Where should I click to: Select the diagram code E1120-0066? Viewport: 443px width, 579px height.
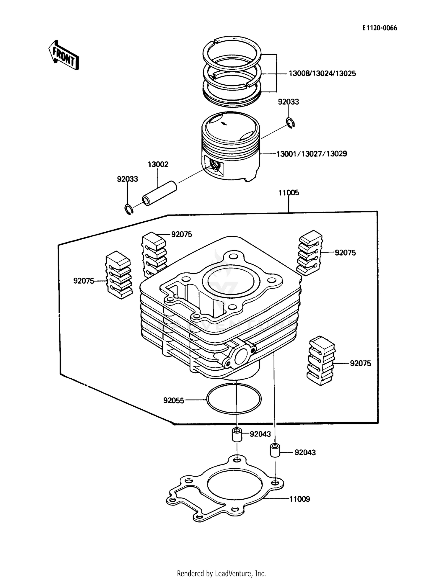click(x=380, y=28)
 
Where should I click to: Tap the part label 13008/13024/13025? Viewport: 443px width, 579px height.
click(x=322, y=73)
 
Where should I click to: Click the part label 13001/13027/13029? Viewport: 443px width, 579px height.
click(x=312, y=154)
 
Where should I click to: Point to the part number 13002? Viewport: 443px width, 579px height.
click(x=158, y=164)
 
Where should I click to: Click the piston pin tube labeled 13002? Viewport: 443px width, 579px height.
click(x=160, y=194)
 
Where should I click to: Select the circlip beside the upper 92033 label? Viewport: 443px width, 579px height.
click(x=290, y=123)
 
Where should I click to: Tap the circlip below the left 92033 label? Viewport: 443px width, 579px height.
click(x=128, y=209)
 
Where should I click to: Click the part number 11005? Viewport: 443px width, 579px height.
click(x=289, y=193)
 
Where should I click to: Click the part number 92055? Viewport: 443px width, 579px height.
click(x=174, y=400)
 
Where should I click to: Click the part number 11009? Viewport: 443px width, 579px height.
click(x=299, y=499)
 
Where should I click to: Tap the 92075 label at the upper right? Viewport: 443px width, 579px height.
click(x=345, y=253)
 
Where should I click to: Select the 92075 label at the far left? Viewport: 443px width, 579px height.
click(x=84, y=281)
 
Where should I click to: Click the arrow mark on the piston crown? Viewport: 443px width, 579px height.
click(x=224, y=124)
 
